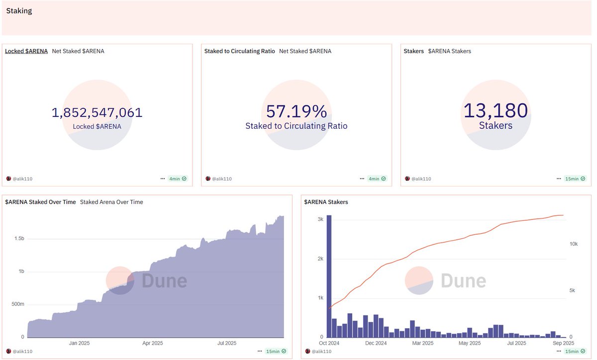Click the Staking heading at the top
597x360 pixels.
(19, 11)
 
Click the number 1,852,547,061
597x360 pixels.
(97, 112)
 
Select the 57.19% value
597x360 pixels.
(296, 111)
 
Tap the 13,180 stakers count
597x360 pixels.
(495, 110)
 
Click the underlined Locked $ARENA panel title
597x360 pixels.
(26, 51)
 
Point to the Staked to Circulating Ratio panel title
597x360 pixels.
(239, 51)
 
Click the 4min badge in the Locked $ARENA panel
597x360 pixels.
(178, 179)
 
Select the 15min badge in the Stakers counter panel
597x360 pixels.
(576, 179)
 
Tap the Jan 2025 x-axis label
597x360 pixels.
(80, 343)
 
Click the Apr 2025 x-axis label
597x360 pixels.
(153, 343)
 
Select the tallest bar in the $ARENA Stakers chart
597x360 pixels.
(329, 276)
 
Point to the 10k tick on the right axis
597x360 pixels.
(573, 244)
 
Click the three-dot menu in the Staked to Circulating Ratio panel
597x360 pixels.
(362, 179)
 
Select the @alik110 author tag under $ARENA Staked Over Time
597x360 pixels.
(22, 352)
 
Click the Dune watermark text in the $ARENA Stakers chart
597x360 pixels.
(463, 281)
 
